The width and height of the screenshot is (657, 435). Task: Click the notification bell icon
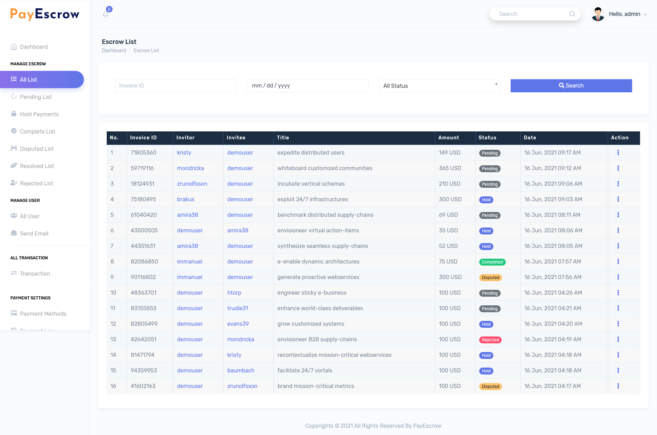tap(106, 14)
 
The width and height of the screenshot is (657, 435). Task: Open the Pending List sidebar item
tap(36, 97)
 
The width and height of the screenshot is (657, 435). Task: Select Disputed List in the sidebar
tap(37, 149)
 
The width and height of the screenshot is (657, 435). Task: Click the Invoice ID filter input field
tap(175, 86)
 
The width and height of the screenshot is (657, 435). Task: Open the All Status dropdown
tap(439, 86)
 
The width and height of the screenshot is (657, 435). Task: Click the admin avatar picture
tap(598, 14)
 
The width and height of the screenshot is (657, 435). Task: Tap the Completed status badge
tap(492, 262)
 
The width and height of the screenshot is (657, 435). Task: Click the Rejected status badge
tap(490, 340)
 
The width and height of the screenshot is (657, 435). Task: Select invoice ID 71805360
tap(143, 152)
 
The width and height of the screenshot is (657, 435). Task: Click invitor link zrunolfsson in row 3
tap(192, 184)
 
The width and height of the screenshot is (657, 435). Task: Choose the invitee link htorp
tap(234, 293)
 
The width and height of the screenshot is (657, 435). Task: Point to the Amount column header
tap(448, 138)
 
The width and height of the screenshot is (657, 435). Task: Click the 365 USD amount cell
tap(450, 168)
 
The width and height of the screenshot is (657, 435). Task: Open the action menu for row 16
tap(618, 386)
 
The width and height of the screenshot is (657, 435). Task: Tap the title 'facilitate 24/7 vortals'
tap(305, 370)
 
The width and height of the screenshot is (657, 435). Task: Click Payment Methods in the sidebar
tap(43, 314)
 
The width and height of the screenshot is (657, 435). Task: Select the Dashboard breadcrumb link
tap(114, 50)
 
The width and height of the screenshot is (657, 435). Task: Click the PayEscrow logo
tap(45, 14)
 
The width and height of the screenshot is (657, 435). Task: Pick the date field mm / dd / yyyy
tap(307, 86)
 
